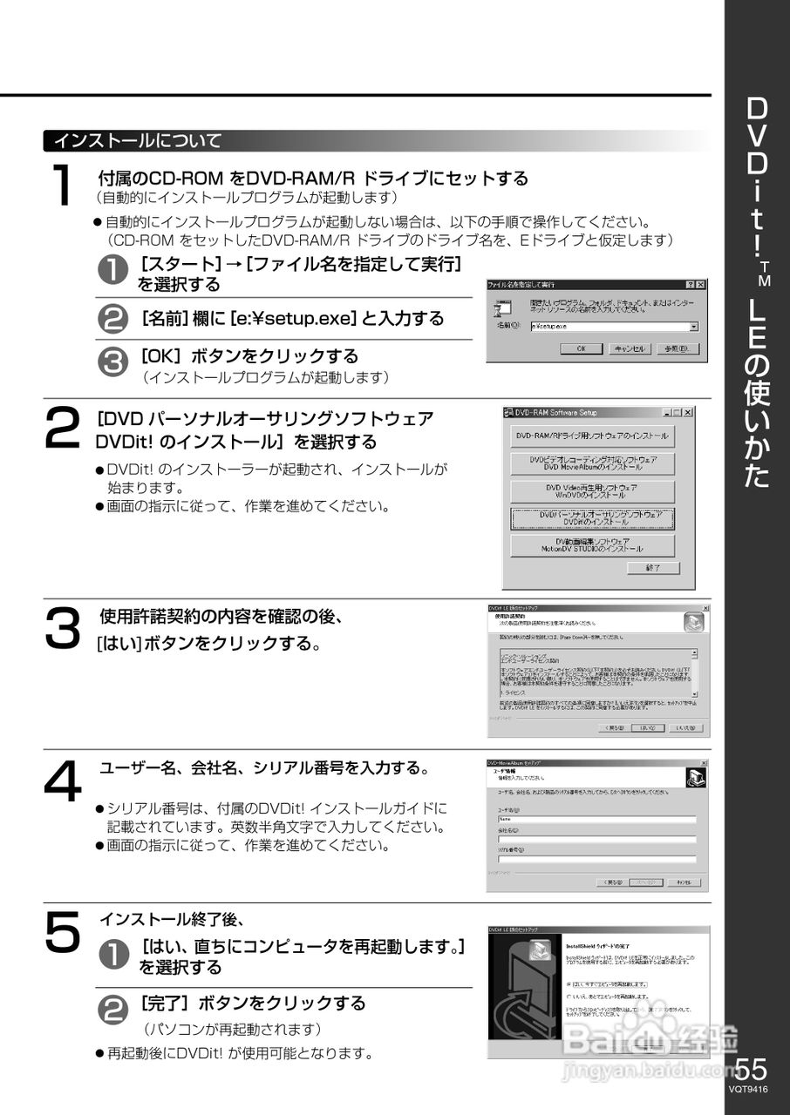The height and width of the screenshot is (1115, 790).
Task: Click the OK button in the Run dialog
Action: (581, 348)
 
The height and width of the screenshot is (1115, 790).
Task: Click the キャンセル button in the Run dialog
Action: (630, 348)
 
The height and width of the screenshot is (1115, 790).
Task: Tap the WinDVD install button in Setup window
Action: (592, 490)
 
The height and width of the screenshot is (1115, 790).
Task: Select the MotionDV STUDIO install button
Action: (592, 545)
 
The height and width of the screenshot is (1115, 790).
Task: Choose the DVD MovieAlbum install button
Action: (592, 463)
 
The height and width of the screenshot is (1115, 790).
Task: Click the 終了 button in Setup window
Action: (651, 568)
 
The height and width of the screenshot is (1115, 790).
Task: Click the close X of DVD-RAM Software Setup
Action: (687, 412)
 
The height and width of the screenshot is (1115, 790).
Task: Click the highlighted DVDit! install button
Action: (592, 518)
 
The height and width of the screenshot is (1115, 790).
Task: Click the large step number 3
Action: (62, 627)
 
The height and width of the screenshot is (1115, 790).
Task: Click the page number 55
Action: (752, 1069)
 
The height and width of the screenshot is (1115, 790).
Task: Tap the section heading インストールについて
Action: (138, 140)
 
